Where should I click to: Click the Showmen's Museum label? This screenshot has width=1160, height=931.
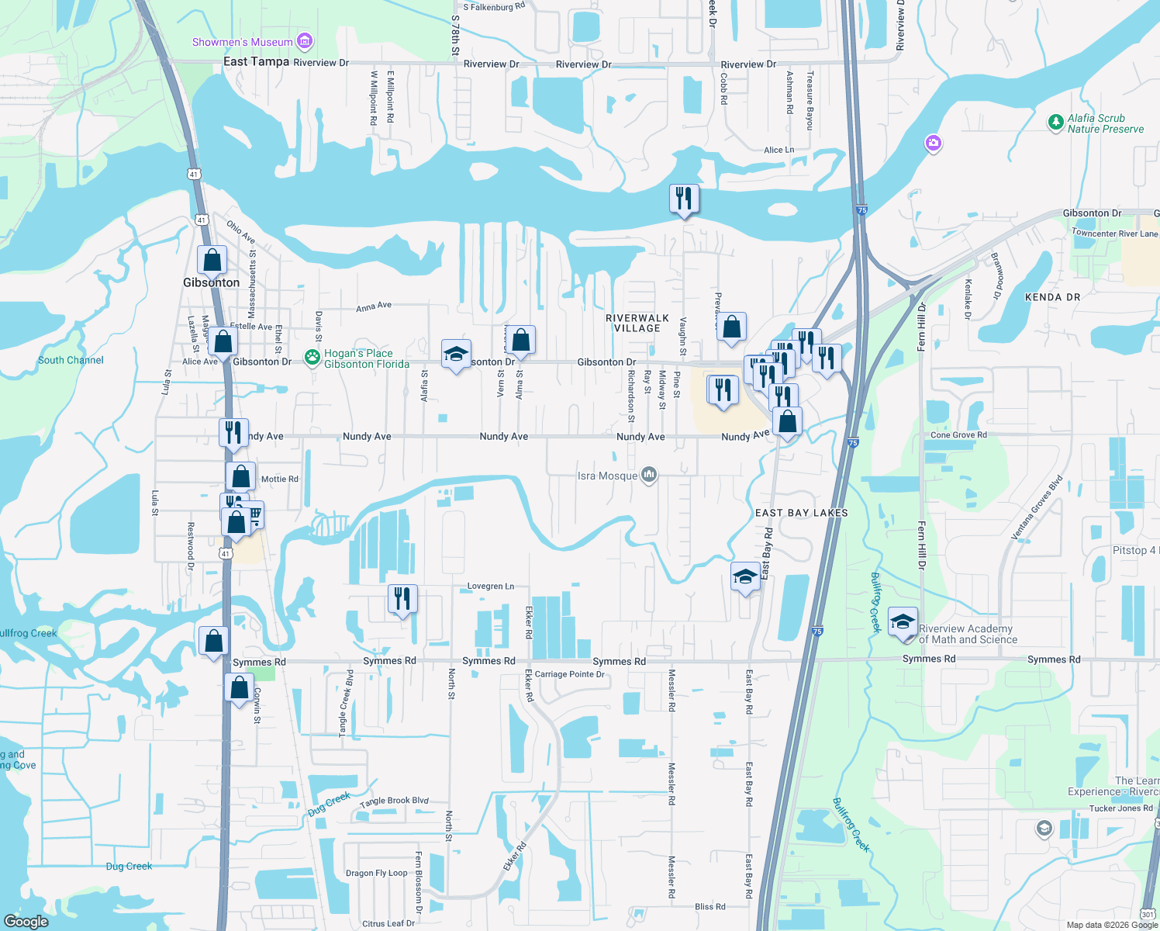point(242,42)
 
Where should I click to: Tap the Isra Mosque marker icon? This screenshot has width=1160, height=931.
point(649,475)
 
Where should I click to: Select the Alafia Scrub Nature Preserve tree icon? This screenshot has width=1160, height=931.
point(1055,123)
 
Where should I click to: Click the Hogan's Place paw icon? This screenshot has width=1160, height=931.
point(312,358)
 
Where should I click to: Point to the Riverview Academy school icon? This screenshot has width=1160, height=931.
point(903,623)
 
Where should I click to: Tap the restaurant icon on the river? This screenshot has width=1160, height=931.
point(684,199)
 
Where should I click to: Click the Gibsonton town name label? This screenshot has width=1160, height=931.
point(211,282)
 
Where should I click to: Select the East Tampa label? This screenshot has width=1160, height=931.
point(256,61)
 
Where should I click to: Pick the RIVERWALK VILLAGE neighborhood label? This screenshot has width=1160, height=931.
point(637,323)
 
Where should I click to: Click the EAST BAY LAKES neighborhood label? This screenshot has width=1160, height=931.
point(801,513)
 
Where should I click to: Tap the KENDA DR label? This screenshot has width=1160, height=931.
point(1052,297)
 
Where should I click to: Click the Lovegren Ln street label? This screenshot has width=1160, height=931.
point(490,587)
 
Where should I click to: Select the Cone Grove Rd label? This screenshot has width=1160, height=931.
point(958,435)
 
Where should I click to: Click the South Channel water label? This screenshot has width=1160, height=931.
point(71,360)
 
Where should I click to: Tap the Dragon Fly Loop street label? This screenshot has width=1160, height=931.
point(376,873)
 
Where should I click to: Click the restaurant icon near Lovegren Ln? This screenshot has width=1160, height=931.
point(402,599)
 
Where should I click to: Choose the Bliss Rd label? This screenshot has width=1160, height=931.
point(709,906)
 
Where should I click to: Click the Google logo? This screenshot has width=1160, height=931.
point(26,921)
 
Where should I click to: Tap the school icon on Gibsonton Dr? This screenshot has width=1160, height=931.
point(456,355)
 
